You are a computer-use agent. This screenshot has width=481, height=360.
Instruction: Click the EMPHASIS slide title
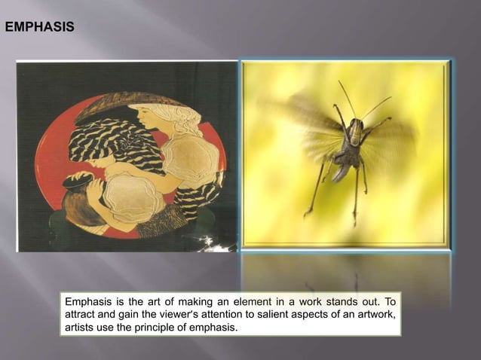[x=40, y=28]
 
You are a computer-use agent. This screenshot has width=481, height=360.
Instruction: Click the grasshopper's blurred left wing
[x=302, y=121]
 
